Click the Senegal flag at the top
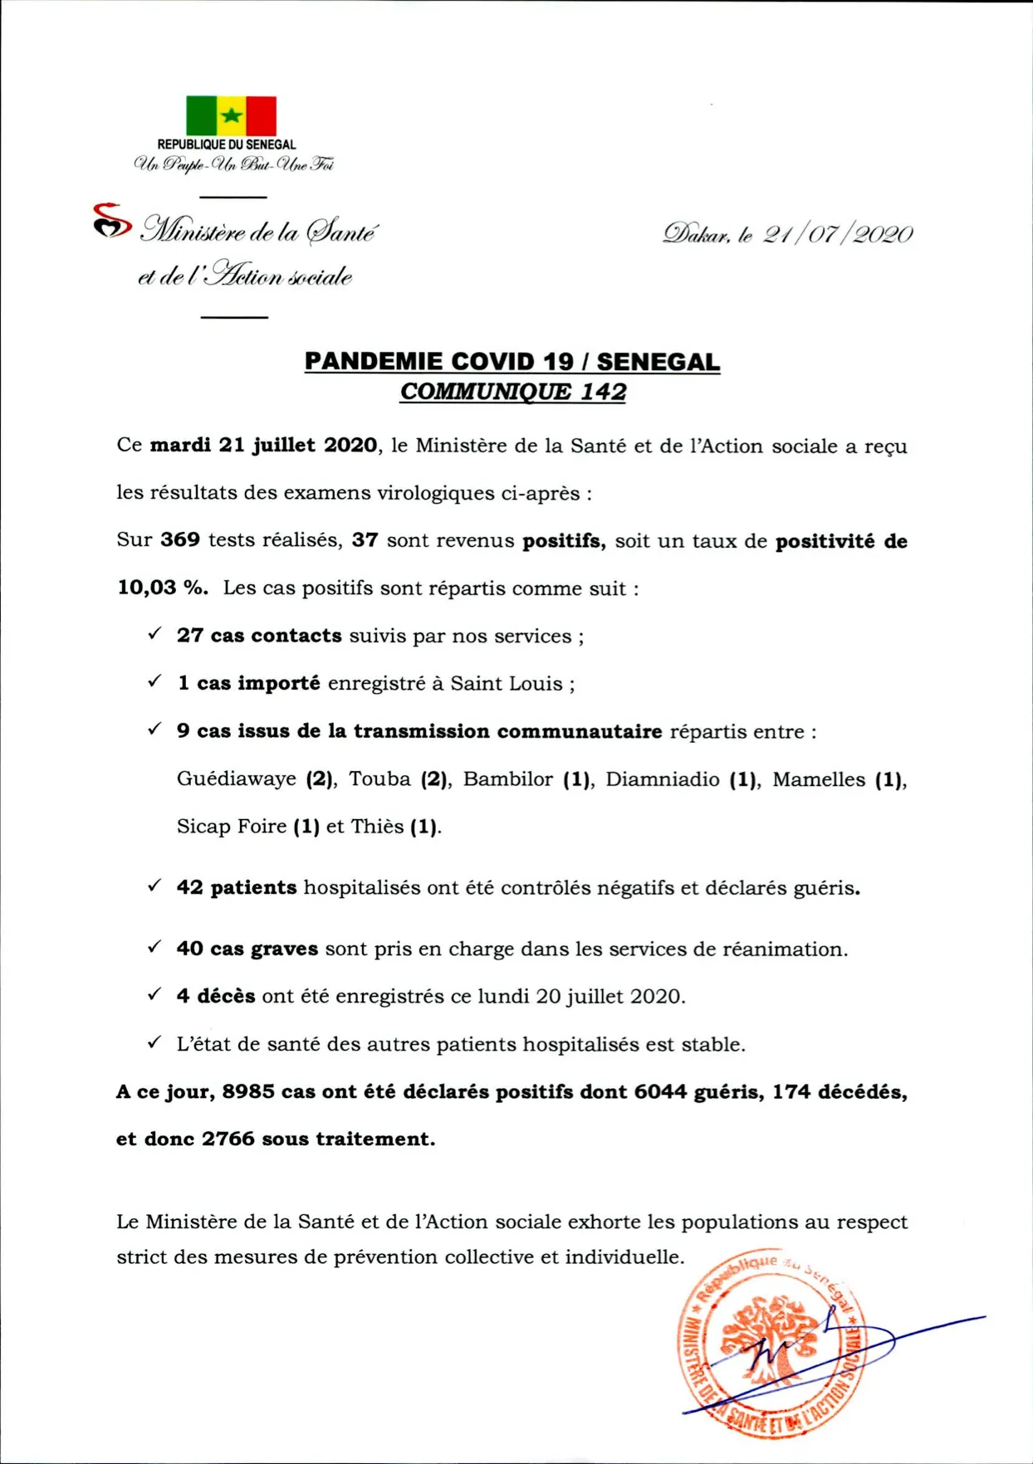231,115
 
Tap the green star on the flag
232,115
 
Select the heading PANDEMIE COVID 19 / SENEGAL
512,362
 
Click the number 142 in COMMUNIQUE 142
603,392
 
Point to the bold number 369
180,540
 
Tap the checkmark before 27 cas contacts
154,634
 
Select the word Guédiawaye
237,779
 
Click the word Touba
379,779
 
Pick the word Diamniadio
662,779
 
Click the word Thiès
377,827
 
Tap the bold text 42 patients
237,888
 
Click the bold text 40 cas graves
247,949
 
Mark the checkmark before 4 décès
154,994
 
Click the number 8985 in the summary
247,1092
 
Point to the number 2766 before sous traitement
228,1139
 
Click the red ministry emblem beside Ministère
111,220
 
